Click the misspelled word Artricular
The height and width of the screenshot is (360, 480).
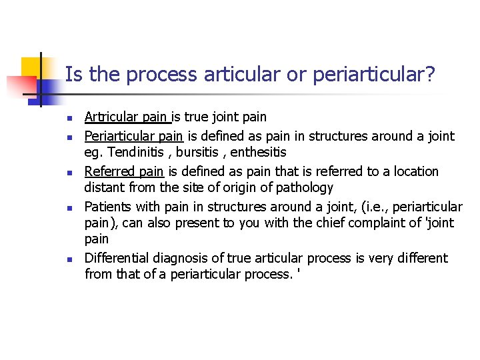[110, 117]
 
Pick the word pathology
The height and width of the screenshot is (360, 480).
[304, 187]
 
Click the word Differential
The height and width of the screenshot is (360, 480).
[117, 258]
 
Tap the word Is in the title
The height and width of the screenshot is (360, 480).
[73, 74]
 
